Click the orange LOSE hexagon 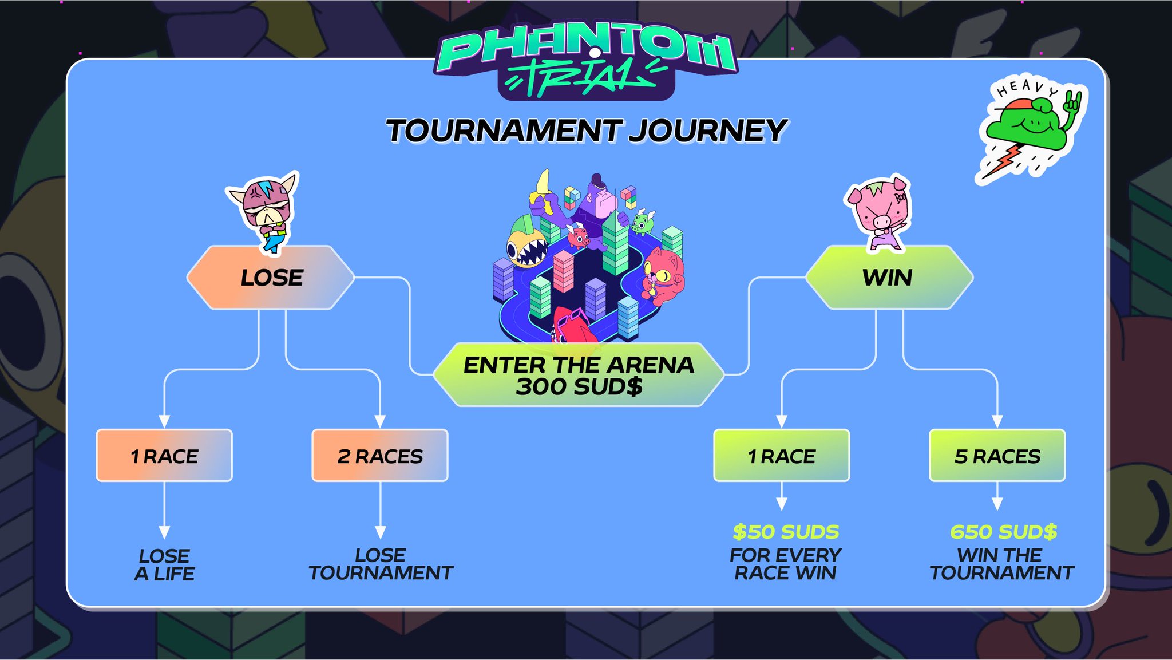[271, 278]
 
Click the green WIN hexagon [888, 278]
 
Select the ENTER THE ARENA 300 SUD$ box [579, 375]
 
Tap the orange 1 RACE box [164, 456]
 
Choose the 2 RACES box [380, 456]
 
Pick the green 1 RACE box [782, 456]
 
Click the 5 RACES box [997, 456]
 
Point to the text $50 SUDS [786, 532]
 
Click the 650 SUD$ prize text [1003, 532]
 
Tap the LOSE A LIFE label [165, 564]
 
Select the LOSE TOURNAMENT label [381, 564]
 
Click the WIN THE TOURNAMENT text [1001, 564]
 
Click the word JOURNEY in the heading [708, 131]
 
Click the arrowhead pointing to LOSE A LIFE [165, 532]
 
